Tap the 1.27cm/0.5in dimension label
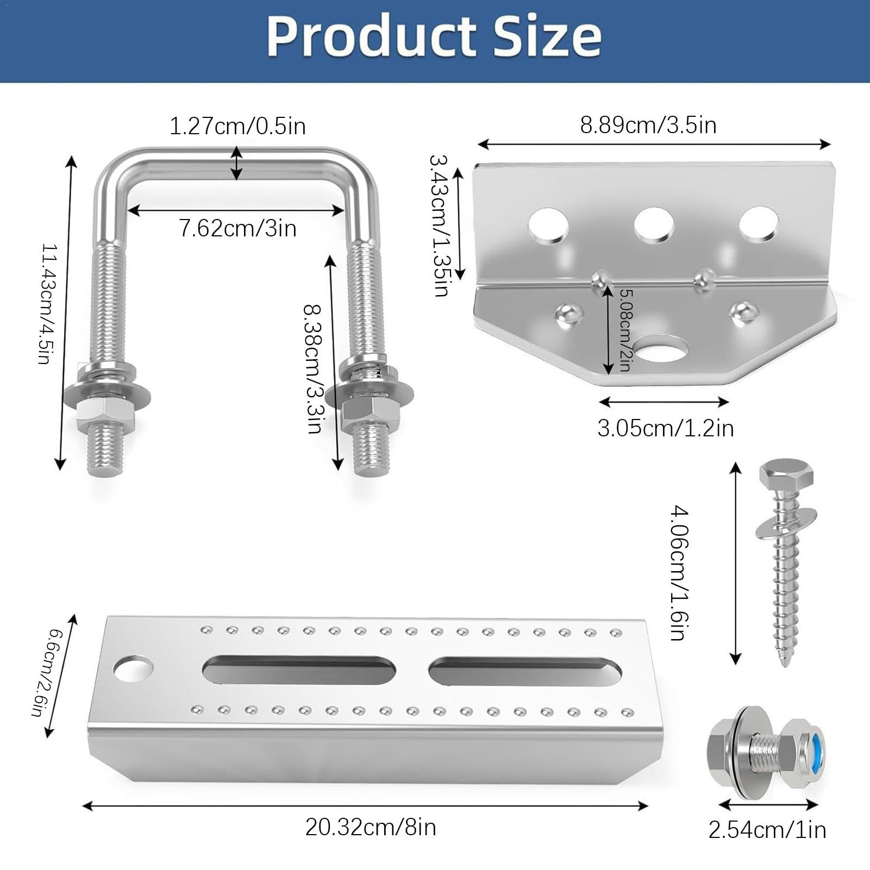tap(237, 126)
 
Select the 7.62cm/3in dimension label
tap(238, 228)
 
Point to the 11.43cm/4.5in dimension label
tap(47, 304)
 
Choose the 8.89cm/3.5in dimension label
tap(648, 125)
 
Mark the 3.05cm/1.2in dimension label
tap(666, 428)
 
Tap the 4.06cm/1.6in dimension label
tap(679, 573)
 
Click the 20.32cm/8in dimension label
tap(371, 827)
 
